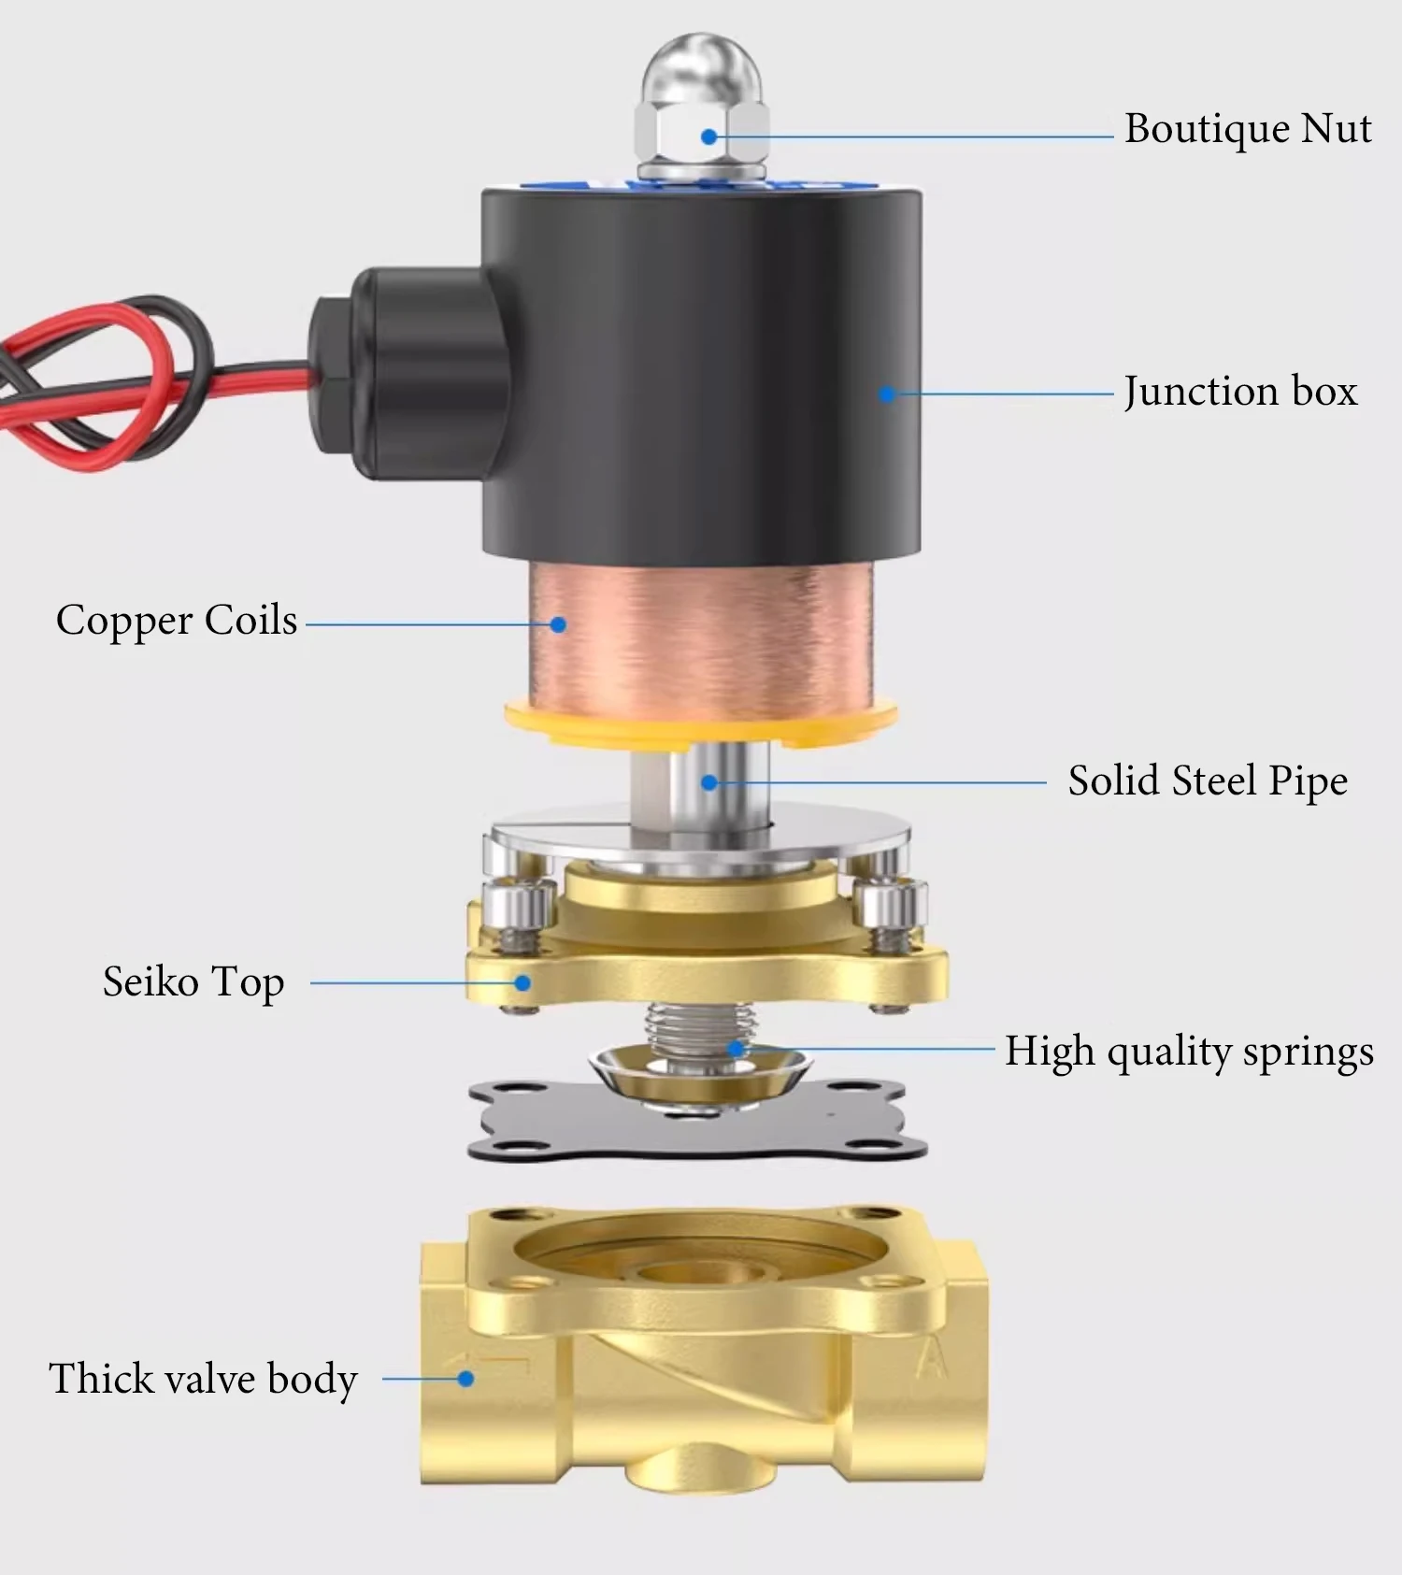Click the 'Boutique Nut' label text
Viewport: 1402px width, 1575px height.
pos(1247,129)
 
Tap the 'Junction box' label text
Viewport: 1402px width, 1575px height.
pos(1239,391)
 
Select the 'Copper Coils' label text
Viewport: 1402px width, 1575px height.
pos(177,621)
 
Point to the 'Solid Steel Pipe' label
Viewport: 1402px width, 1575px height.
pos(1208,781)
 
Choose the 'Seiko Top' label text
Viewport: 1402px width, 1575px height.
pos(193,982)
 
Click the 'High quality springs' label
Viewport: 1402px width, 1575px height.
pos(1189,1052)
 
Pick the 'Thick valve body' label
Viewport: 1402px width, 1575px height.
pos(203,1379)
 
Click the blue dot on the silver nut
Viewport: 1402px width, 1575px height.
pos(708,136)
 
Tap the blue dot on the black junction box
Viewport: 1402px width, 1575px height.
pos(886,394)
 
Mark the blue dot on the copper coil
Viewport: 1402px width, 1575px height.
pos(558,624)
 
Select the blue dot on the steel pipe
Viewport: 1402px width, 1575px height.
pos(709,782)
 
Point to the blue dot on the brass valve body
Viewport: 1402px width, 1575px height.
pos(465,1379)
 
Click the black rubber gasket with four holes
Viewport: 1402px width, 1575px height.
pos(523,1126)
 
